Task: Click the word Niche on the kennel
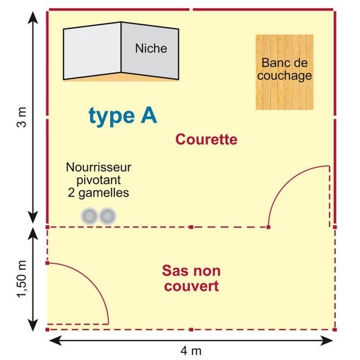tap(151, 48)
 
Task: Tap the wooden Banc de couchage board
tap(285, 72)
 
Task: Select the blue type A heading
tap(123, 116)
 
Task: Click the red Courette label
tap(206, 139)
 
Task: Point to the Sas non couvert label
tap(191, 278)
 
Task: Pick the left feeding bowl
tap(89, 216)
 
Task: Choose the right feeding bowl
tap(107, 216)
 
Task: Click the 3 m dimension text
tap(21, 117)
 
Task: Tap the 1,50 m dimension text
tap(22, 279)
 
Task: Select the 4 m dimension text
tap(191, 351)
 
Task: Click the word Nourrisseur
tap(98, 167)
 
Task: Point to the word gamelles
tap(104, 193)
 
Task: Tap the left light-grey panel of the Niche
tap(92, 51)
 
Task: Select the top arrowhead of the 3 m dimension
tap(33, 17)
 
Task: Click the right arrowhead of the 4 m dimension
tap(326, 341)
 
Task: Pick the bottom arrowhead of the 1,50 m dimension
tap(33, 325)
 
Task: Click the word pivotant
tap(98, 180)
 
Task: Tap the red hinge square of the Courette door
tap(269, 227)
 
